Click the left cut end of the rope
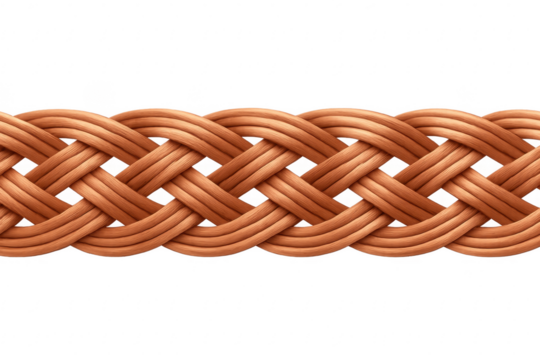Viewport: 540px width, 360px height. click(3, 180)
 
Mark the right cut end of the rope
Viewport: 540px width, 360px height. click(536, 180)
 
